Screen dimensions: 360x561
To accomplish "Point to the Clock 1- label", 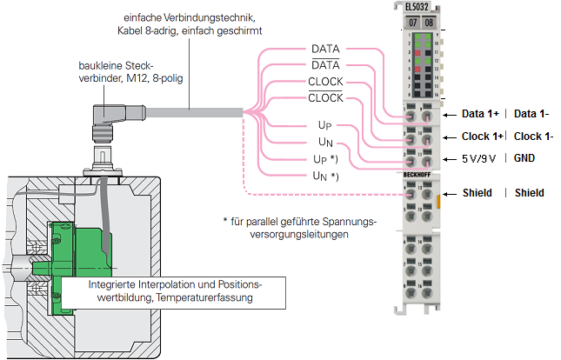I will pyautogui.click(x=533, y=137).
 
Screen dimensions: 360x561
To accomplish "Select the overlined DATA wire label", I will pyautogui.click(x=325, y=65).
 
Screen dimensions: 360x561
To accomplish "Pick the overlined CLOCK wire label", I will pyautogui.click(x=325, y=98).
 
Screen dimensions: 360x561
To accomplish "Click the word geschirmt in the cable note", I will pyautogui.click(x=240, y=30).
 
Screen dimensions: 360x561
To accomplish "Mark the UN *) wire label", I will pyautogui.click(x=325, y=177).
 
